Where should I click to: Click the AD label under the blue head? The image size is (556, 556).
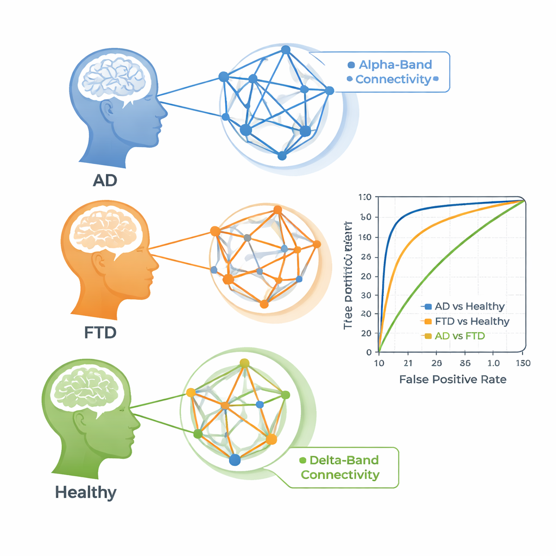pos(105,180)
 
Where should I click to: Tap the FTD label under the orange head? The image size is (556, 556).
pos(100,332)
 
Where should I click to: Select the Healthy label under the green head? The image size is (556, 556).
pos(86,492)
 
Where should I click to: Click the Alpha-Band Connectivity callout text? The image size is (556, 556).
pos(392,72)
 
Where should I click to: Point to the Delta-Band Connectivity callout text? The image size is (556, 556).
pos(339,467)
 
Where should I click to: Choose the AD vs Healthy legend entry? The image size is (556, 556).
pos(465,307)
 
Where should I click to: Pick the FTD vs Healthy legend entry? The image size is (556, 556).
pos(467,321)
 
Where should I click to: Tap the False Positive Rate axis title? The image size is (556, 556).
pos(452,380)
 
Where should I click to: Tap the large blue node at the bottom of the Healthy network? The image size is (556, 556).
pos(235,460)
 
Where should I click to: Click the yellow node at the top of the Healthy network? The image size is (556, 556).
pos(244,363)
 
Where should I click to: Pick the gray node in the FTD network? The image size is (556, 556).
pos(248,237)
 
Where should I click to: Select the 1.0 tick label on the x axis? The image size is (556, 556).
pos(494,363)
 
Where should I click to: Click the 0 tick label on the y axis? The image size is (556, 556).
pos(370,352)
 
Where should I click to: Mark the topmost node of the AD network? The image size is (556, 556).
pos(286,50)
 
